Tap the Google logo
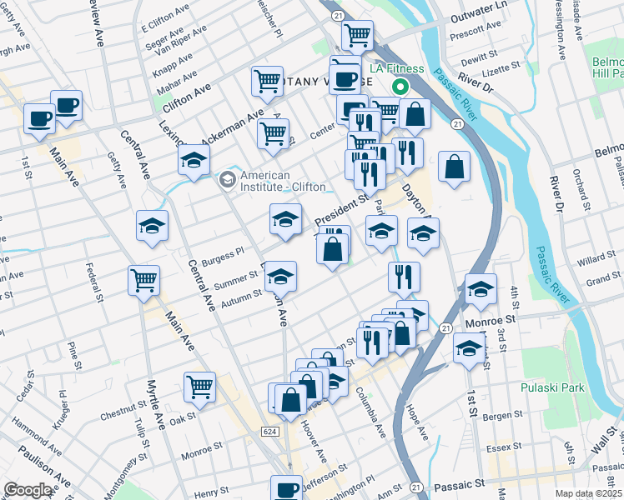28,489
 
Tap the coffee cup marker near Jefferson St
287,490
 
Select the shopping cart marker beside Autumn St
144,282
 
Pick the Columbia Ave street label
370,408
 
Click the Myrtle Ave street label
154,425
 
